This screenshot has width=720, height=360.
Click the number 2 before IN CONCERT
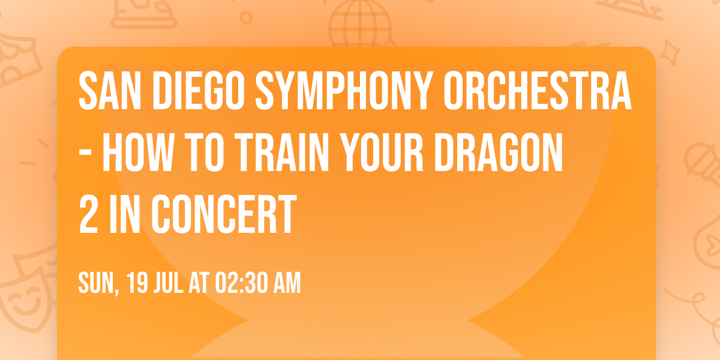click(x=89, y=214)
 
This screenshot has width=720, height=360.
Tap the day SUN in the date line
click(x=97, y=283)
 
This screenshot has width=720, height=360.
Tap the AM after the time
click(x=287, y=283)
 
